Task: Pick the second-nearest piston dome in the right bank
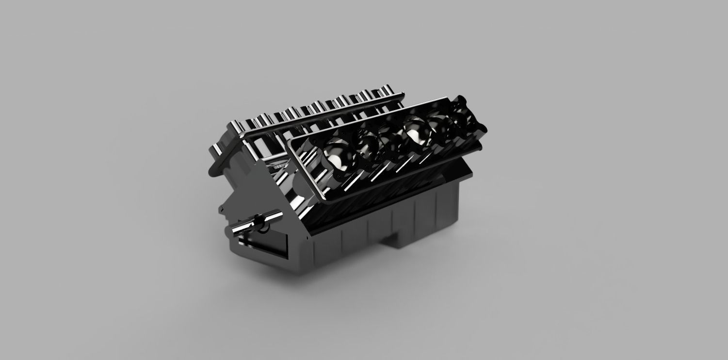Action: [x=367, y=144]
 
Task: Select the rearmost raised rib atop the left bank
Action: [x=388, y=91]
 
